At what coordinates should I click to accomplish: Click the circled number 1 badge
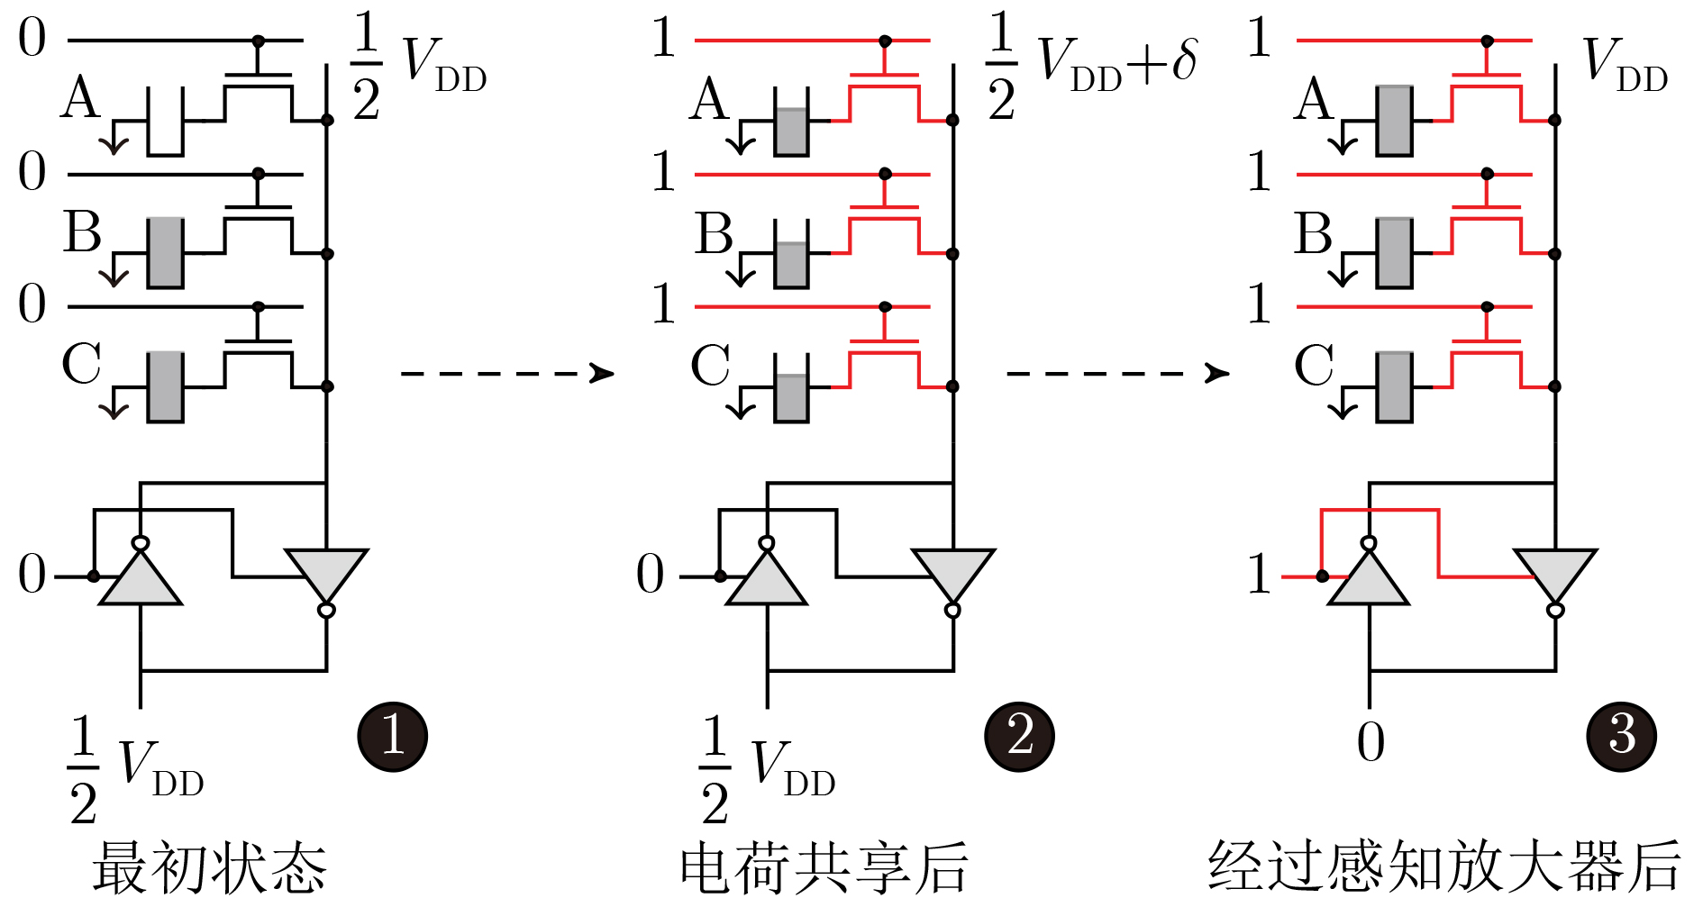pyautogui.click(x=392, y=737)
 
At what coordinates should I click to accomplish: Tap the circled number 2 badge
pyautogui.click(x=1019, y=737)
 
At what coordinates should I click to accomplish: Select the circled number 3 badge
pyautogui.click(x=1621, y=737)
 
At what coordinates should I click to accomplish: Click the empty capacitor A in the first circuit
pyautogui.click(x=166, y=122)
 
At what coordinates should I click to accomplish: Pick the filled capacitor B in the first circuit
pyautogui.click(x=166, y=253)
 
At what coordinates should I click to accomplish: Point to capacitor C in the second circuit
pyautogui.click(x=792, y=387)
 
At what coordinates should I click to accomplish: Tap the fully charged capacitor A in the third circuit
pyautogui.click(x=1394, y=122)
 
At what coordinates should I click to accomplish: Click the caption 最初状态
pyautogui.click(x=209, y=866)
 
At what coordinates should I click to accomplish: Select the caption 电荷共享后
pyautogui.click(x=824, y=866)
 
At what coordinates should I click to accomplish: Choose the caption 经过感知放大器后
pyautogui.click(x=1444, y=866)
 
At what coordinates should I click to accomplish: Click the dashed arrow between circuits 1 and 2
pyautogui.click(x=507, y=373)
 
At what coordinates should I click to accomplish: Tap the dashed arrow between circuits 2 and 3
pyautogui.click(x=1117, y=373)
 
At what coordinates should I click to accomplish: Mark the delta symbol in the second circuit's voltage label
pyautogui.click(x=1183, y=61)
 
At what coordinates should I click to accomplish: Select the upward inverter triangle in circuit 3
pyautogui.click(x=1369, y=576)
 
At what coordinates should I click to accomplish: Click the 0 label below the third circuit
pyautogui.click(x=1371, y=743)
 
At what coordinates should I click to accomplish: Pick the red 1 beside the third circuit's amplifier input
pyautogui.click(x=1260, y=574)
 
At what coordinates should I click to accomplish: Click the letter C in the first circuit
pyautogui.click(x=81, y=365)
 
